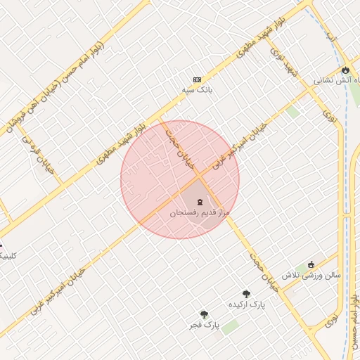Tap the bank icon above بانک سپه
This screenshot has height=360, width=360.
pyautogui.click(x=197, y=79)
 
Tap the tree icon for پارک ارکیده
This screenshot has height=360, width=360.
pyautogui.click(x=246, y=294)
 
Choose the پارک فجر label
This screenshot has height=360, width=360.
pyautogui.click(x=204, y=326)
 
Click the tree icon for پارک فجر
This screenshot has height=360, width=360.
pyautogui.click(x=204, y=314)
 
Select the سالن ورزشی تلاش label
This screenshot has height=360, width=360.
pyautogui.click(x=312, y=275)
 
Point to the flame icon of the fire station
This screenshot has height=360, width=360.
pyautogui.click(x=345, y=70)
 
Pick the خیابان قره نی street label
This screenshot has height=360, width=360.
pyautogui.click(x=41, y=155)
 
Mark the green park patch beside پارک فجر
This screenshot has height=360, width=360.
pyautogui.click(x=231, y=327)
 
